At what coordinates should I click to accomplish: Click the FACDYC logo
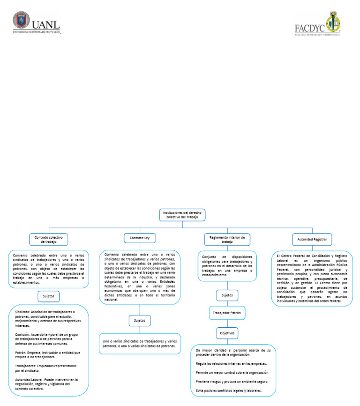pyautogui.click(x=317, y=23)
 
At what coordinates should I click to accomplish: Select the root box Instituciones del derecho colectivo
pyautogui.click(x=182, y=214)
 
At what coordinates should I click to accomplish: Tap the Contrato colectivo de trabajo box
pyautogui.click(x=49, y=240)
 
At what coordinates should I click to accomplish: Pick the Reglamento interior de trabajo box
pyautogui.click(x=227, y=240)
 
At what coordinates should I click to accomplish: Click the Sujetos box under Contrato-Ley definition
pyautogui.click(x=139, y=321)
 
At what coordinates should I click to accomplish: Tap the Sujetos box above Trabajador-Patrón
pyautogui.click(x=227, y=295)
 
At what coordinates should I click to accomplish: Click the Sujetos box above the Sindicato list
pyautogui.click(x=49, y=296)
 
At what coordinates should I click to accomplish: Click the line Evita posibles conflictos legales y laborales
pyautogui.click(x=228, y=391)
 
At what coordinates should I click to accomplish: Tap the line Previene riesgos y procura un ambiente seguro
pyautogui.click(x=232, y=382)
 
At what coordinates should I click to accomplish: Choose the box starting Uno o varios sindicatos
pyautogui.click(x=139, y=343)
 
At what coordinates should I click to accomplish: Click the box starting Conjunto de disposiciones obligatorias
pyautogui.click(x=227, y=266)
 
